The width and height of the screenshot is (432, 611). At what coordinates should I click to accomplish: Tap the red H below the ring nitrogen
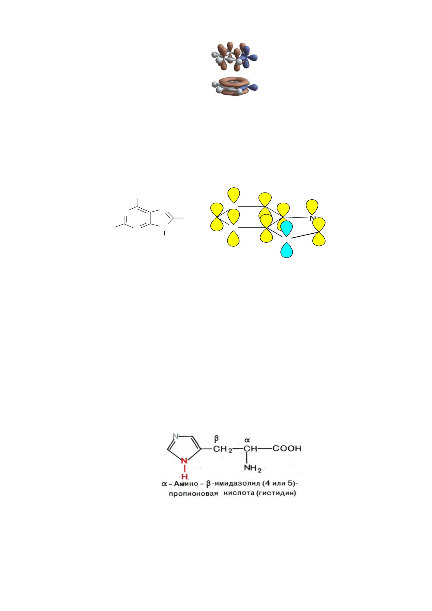click(185, 476)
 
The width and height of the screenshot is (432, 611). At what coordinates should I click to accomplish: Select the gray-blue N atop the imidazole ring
click(176, 436)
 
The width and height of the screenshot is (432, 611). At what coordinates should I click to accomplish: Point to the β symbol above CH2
click(216, 439)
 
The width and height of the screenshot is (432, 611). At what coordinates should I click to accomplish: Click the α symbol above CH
click(247, 440)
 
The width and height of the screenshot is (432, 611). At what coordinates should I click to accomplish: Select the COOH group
click(287, 448)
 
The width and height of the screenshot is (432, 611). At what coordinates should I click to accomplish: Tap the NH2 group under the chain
click(253, 468)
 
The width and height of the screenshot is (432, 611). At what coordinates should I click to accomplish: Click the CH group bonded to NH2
click(250, 448)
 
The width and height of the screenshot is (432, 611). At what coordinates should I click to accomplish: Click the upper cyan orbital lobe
click(287, 228)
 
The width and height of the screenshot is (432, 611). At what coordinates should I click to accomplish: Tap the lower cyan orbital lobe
click(287, 250)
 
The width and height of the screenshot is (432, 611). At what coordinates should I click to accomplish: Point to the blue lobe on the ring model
click(252, 87)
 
